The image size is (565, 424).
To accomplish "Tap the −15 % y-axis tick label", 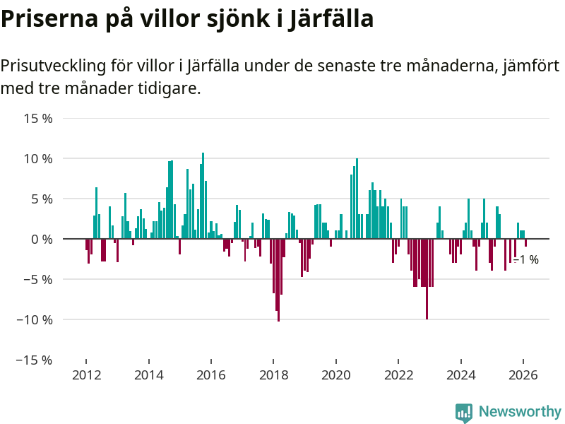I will point(37,360).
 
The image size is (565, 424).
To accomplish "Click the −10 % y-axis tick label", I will point(37,320).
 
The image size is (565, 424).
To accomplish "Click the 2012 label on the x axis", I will point(86,375).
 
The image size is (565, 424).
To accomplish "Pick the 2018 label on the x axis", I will point(273,375).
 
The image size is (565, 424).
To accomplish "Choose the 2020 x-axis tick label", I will point(336,375).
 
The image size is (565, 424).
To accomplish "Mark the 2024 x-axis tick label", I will point(461,375).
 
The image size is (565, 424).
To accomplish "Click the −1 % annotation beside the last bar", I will point(526,260).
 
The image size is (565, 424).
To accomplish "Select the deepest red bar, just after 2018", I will point(278,280).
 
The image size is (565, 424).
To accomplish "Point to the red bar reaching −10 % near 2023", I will point(427,279).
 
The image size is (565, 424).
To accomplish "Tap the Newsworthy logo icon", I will point(464,413).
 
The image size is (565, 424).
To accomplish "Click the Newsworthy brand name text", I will point(520,412).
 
